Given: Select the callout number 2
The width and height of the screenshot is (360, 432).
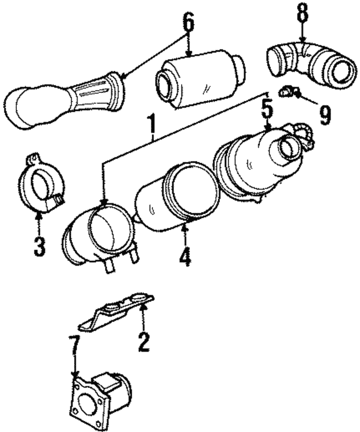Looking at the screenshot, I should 143,341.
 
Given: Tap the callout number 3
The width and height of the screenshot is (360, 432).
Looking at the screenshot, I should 39,246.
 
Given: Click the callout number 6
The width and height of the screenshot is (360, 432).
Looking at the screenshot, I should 188,22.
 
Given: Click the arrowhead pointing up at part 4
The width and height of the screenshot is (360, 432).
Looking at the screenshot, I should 184,227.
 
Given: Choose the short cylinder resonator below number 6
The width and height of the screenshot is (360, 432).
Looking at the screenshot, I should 200,78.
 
